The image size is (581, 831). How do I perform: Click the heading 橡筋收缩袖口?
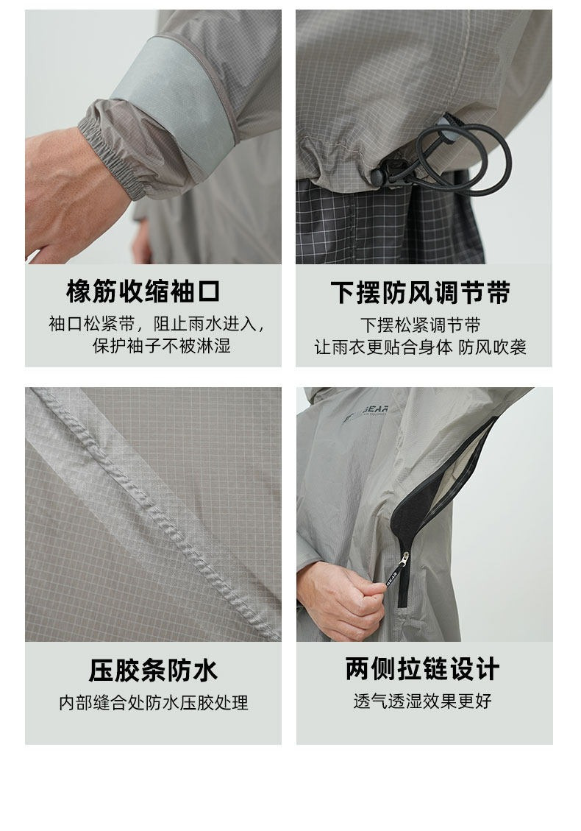[143, 291]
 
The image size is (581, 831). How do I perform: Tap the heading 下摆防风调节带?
[421, 292]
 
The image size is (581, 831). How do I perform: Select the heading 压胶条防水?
[153, 670]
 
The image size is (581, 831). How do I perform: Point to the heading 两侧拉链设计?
[422, 668]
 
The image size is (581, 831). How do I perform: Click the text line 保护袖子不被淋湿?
[162, 346]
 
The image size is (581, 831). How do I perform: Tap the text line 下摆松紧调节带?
[421, 325]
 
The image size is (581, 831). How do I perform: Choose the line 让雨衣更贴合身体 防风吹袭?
[421, 347]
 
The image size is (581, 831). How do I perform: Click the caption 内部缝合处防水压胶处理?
[153, 703]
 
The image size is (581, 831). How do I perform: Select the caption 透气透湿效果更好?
[422, 701]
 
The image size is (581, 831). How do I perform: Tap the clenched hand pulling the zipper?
[339, 600]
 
